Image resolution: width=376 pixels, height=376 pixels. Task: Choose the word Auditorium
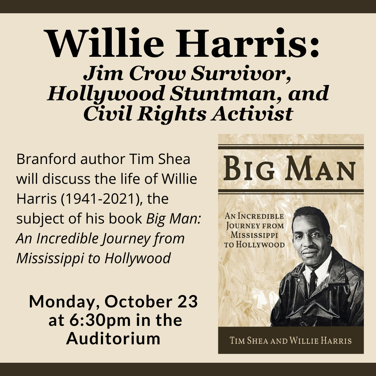(x=113, y=339)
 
